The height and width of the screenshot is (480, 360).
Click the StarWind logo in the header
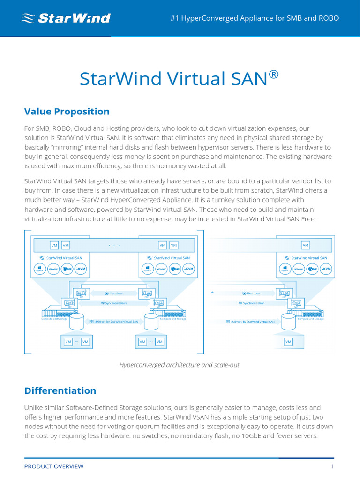click(66, 18)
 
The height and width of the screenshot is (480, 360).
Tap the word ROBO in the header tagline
click(328, 18)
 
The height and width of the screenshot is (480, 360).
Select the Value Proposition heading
click(67, 111)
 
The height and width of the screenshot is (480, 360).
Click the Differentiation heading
click(60, 390)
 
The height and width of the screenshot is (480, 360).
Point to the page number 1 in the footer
click(332, 466)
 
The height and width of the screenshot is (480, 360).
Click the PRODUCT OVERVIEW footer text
click(54, 466)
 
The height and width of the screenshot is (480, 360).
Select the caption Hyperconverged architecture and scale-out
click(180, 365)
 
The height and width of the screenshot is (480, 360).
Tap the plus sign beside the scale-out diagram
click(212, 292)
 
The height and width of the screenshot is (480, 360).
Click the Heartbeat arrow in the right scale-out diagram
click(251, 293)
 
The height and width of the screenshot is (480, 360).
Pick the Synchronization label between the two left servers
click(114, 303)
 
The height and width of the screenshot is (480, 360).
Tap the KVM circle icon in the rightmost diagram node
click(326, 269)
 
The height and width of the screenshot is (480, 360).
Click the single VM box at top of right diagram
click(306, 245)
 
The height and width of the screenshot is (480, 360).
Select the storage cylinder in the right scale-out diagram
click(288, 322)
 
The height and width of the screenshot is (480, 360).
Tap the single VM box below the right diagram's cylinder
click(288, 342)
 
